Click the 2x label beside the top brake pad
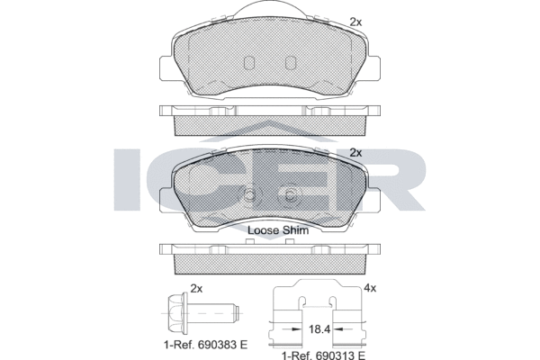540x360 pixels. (x=355, y=21)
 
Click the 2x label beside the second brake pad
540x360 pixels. (x=355, y=153)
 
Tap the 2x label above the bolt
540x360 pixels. (x=197, y=289)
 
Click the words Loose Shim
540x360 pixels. (x=277, y=230)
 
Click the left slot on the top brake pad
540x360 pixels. (x=251, y=64)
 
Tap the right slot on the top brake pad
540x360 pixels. (x=290, y=64)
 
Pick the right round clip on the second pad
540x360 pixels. (x=290, y=198)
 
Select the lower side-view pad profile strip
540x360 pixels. (x=270, y=259)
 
